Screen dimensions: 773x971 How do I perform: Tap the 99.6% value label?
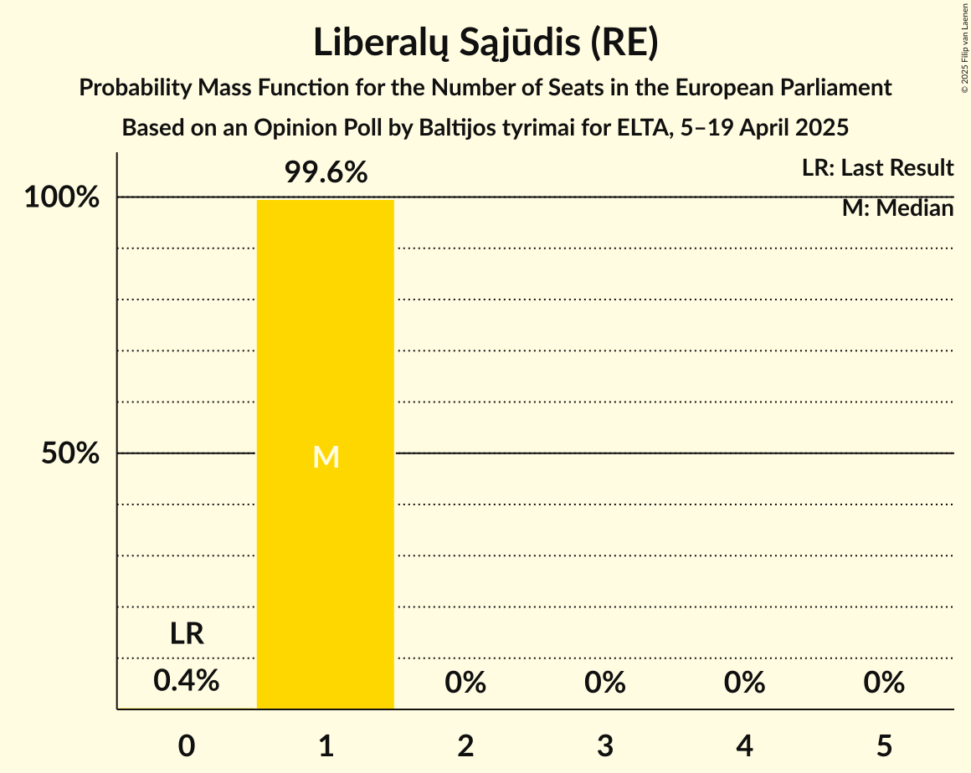pyautogui.click(x=326, y=173)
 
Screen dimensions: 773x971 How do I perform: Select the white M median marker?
pyautogui.click(x=326, y=457)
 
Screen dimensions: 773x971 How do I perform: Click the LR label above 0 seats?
pyautogui.click(x=187, y=634)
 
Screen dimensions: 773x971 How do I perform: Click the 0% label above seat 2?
pyautogui.click(x=465, y=683)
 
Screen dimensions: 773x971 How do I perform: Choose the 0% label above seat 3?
pyautogui.click(x=605, y=683)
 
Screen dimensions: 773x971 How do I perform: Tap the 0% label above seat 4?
pyautogui.click(x=744, y=683)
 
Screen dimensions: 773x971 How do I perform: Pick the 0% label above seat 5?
pyautogui.click(x=884, y=683)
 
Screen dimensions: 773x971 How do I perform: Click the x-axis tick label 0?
pyautogui.click(x=187, y=745)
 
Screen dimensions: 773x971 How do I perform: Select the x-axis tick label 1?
pyautogui.click(x=326, y=745)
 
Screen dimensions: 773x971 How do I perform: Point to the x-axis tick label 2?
pyautogui.click(x=465, y=745)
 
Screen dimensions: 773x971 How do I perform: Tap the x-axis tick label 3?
pyautogui.click(x=605, y=745)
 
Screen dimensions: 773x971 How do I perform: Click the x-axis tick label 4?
pyautogui.click(x=744, y=745)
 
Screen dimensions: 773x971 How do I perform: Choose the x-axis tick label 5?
pyautogui.click(x=884, y=745)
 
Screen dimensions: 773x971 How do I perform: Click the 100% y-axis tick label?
pyautogui.click(x=62, y=198)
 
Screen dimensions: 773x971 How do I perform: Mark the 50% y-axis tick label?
pyautogui.click(x=70, y=454)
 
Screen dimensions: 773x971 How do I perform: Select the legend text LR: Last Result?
pyautogui.click(x=877, y=168)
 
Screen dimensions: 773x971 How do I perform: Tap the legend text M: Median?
pyautogui.click(x=897, y=208)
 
